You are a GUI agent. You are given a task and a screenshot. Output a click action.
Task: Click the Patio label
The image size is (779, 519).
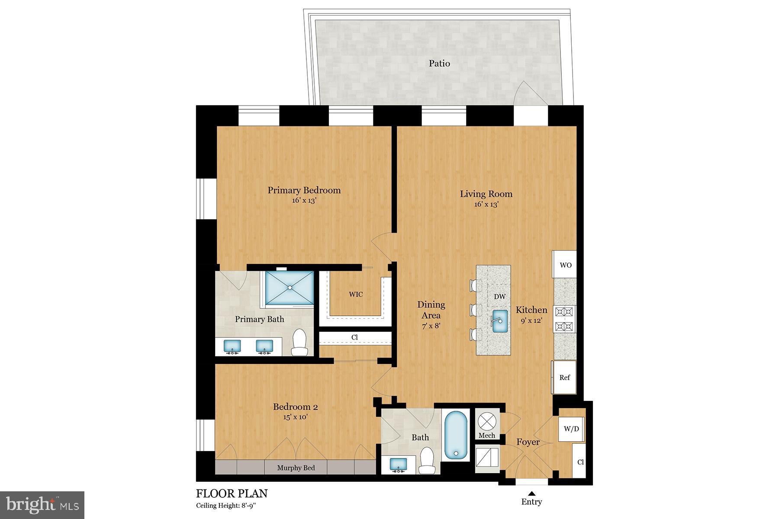coord(439,64)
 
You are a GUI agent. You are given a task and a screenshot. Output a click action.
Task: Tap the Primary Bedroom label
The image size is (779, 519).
coord(304,190)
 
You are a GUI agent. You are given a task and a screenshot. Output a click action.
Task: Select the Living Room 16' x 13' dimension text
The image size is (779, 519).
coord(486,204)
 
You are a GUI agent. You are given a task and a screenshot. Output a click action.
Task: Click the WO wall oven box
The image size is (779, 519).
coord(565,265)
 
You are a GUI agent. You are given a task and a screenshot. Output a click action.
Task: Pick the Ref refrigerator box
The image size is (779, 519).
coord(564,378)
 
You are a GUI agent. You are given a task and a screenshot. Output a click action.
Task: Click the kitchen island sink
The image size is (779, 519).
coord(501,321)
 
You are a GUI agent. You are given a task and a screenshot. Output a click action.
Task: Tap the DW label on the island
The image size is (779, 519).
coord(499,297)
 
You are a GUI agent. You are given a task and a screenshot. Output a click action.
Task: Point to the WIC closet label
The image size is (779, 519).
coord(356,295)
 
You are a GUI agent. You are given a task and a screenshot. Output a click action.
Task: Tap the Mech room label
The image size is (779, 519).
coord(486,436)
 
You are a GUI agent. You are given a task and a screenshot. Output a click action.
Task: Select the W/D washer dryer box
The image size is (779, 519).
coord(571,429)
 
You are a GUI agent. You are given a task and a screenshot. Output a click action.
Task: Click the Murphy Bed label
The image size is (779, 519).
coord(296,468)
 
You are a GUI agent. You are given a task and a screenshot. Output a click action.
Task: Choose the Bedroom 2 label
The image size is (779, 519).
coord(295,407)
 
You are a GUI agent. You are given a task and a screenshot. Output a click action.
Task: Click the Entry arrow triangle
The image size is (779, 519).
coord(531,493)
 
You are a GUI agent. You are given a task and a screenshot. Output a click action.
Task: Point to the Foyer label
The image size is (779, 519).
coord(528,442)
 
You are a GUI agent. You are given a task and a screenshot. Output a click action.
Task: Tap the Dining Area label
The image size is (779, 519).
coord(431,310)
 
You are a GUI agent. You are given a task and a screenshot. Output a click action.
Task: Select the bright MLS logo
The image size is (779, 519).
coord(42,505)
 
